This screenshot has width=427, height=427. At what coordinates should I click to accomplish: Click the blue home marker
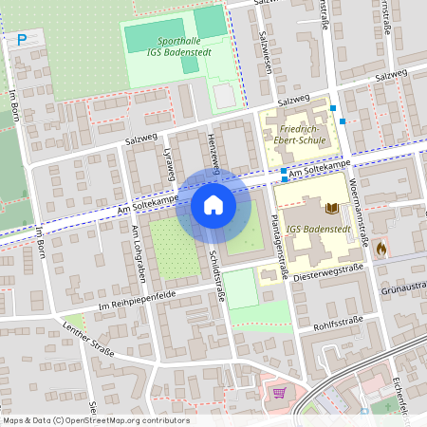point(213,204)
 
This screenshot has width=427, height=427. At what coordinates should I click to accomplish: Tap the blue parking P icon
point(22,40)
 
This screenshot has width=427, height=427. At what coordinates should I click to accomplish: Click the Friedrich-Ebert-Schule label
point(295,131)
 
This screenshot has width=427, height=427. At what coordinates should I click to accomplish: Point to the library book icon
point(331,208)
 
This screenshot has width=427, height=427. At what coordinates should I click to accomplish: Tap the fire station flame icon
point(381,248)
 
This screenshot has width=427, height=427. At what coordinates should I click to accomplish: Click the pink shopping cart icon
point(279,392)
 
